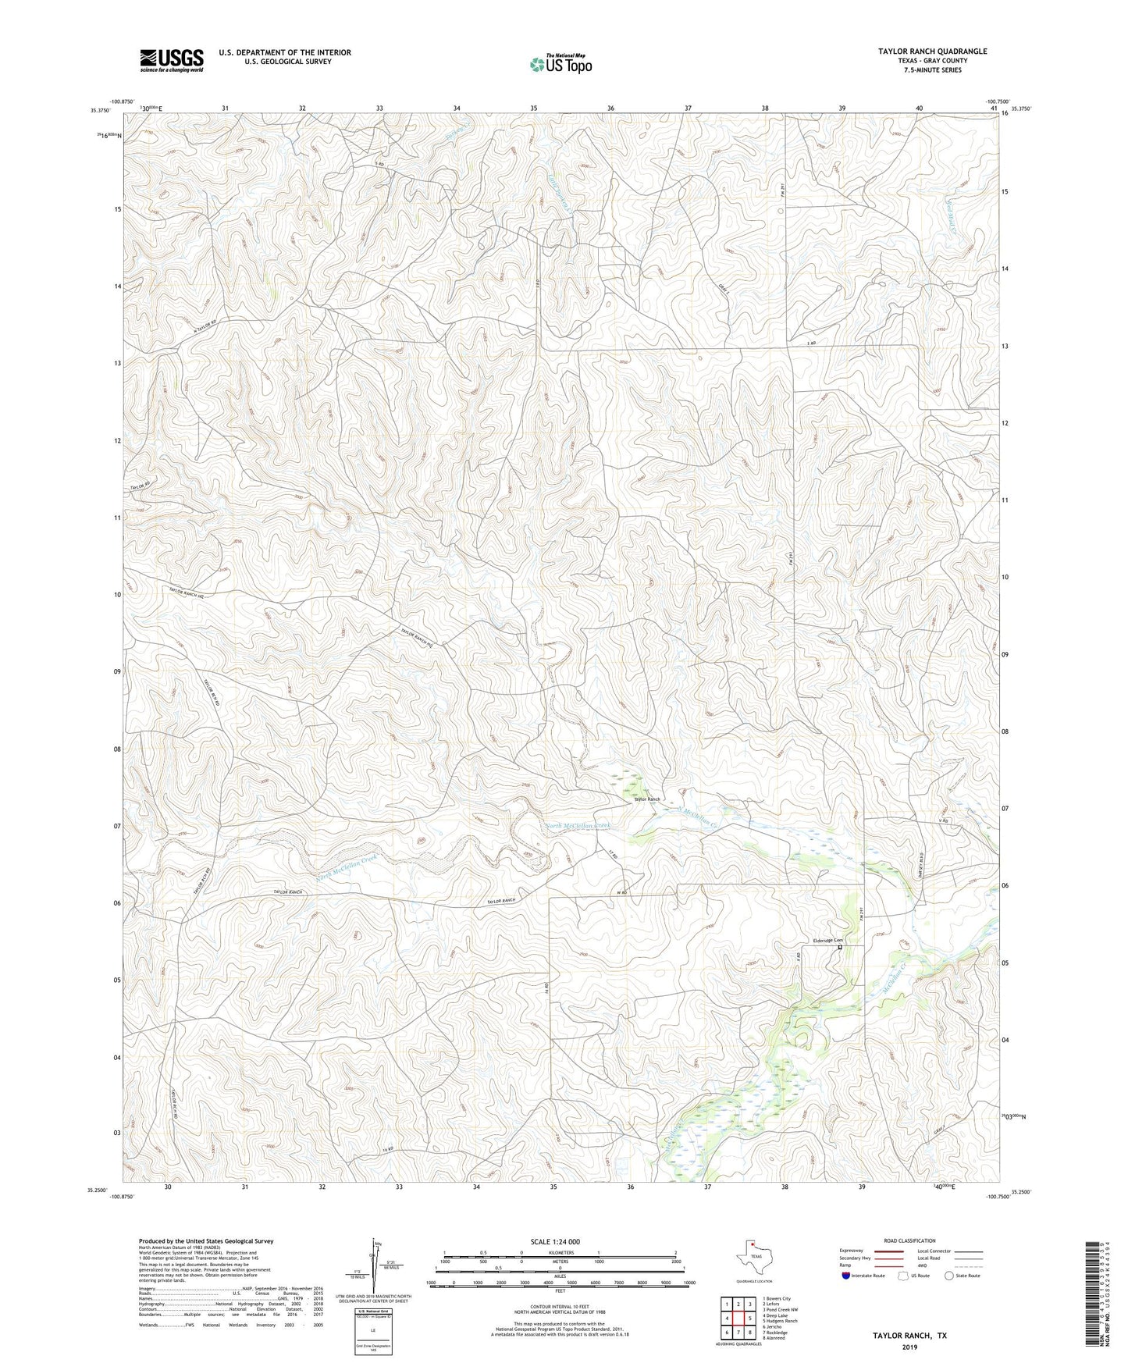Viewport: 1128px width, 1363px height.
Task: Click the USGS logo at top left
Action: pos(172,60)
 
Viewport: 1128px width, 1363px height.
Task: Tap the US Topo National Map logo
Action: pos(560,64)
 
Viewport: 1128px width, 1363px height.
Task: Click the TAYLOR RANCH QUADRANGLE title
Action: pos(932,52)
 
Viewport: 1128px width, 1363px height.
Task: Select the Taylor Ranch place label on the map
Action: pos(646,799)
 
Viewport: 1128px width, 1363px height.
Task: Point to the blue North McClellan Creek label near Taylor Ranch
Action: pos(577,825)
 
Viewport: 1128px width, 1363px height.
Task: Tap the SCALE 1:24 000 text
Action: pos(555,1242)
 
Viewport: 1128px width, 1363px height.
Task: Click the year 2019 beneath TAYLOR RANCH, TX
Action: pos(909,1347)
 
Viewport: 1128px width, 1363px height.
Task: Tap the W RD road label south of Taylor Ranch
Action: pos(622,892)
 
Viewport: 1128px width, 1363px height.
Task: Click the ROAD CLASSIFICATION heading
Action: pos(909,1240)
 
